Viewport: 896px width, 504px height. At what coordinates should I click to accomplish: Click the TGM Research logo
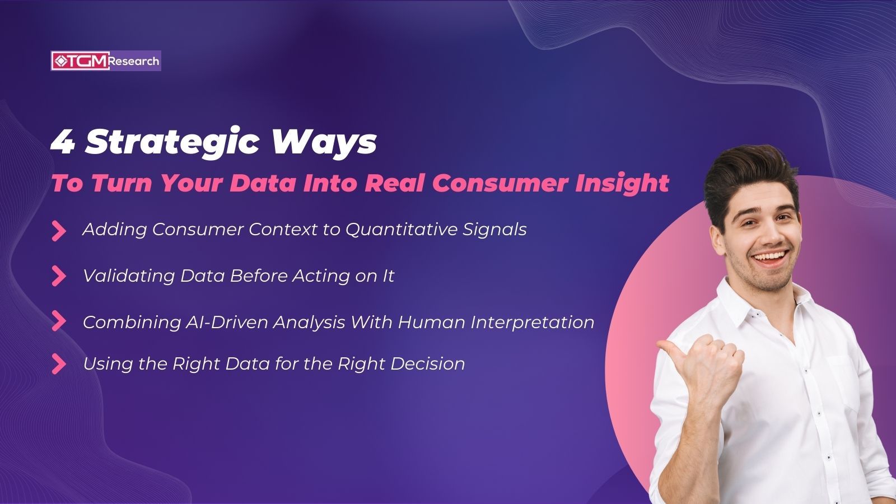point(106,61)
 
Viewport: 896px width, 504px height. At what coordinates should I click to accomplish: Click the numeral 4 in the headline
point(63,142)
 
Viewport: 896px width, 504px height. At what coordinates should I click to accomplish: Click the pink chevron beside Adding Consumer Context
point(58,230)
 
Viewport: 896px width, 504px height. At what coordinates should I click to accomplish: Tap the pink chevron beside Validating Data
point(58,276)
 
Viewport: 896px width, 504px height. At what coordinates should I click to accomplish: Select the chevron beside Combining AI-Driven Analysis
point(58,321)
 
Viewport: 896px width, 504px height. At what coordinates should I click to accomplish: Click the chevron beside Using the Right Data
point(58,364)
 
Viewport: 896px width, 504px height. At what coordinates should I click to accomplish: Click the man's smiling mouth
point(769,258)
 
